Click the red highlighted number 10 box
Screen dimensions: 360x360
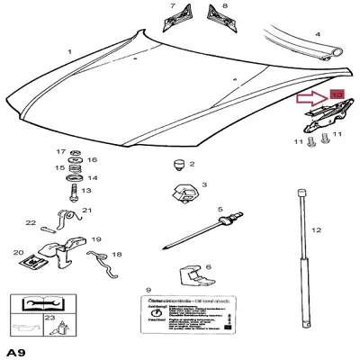pyautogui.click(x=337, y=94)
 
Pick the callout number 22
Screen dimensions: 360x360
pyautogui.click(x=30, y=223)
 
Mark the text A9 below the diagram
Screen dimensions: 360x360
pyautogui.click(x=15, y=350)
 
